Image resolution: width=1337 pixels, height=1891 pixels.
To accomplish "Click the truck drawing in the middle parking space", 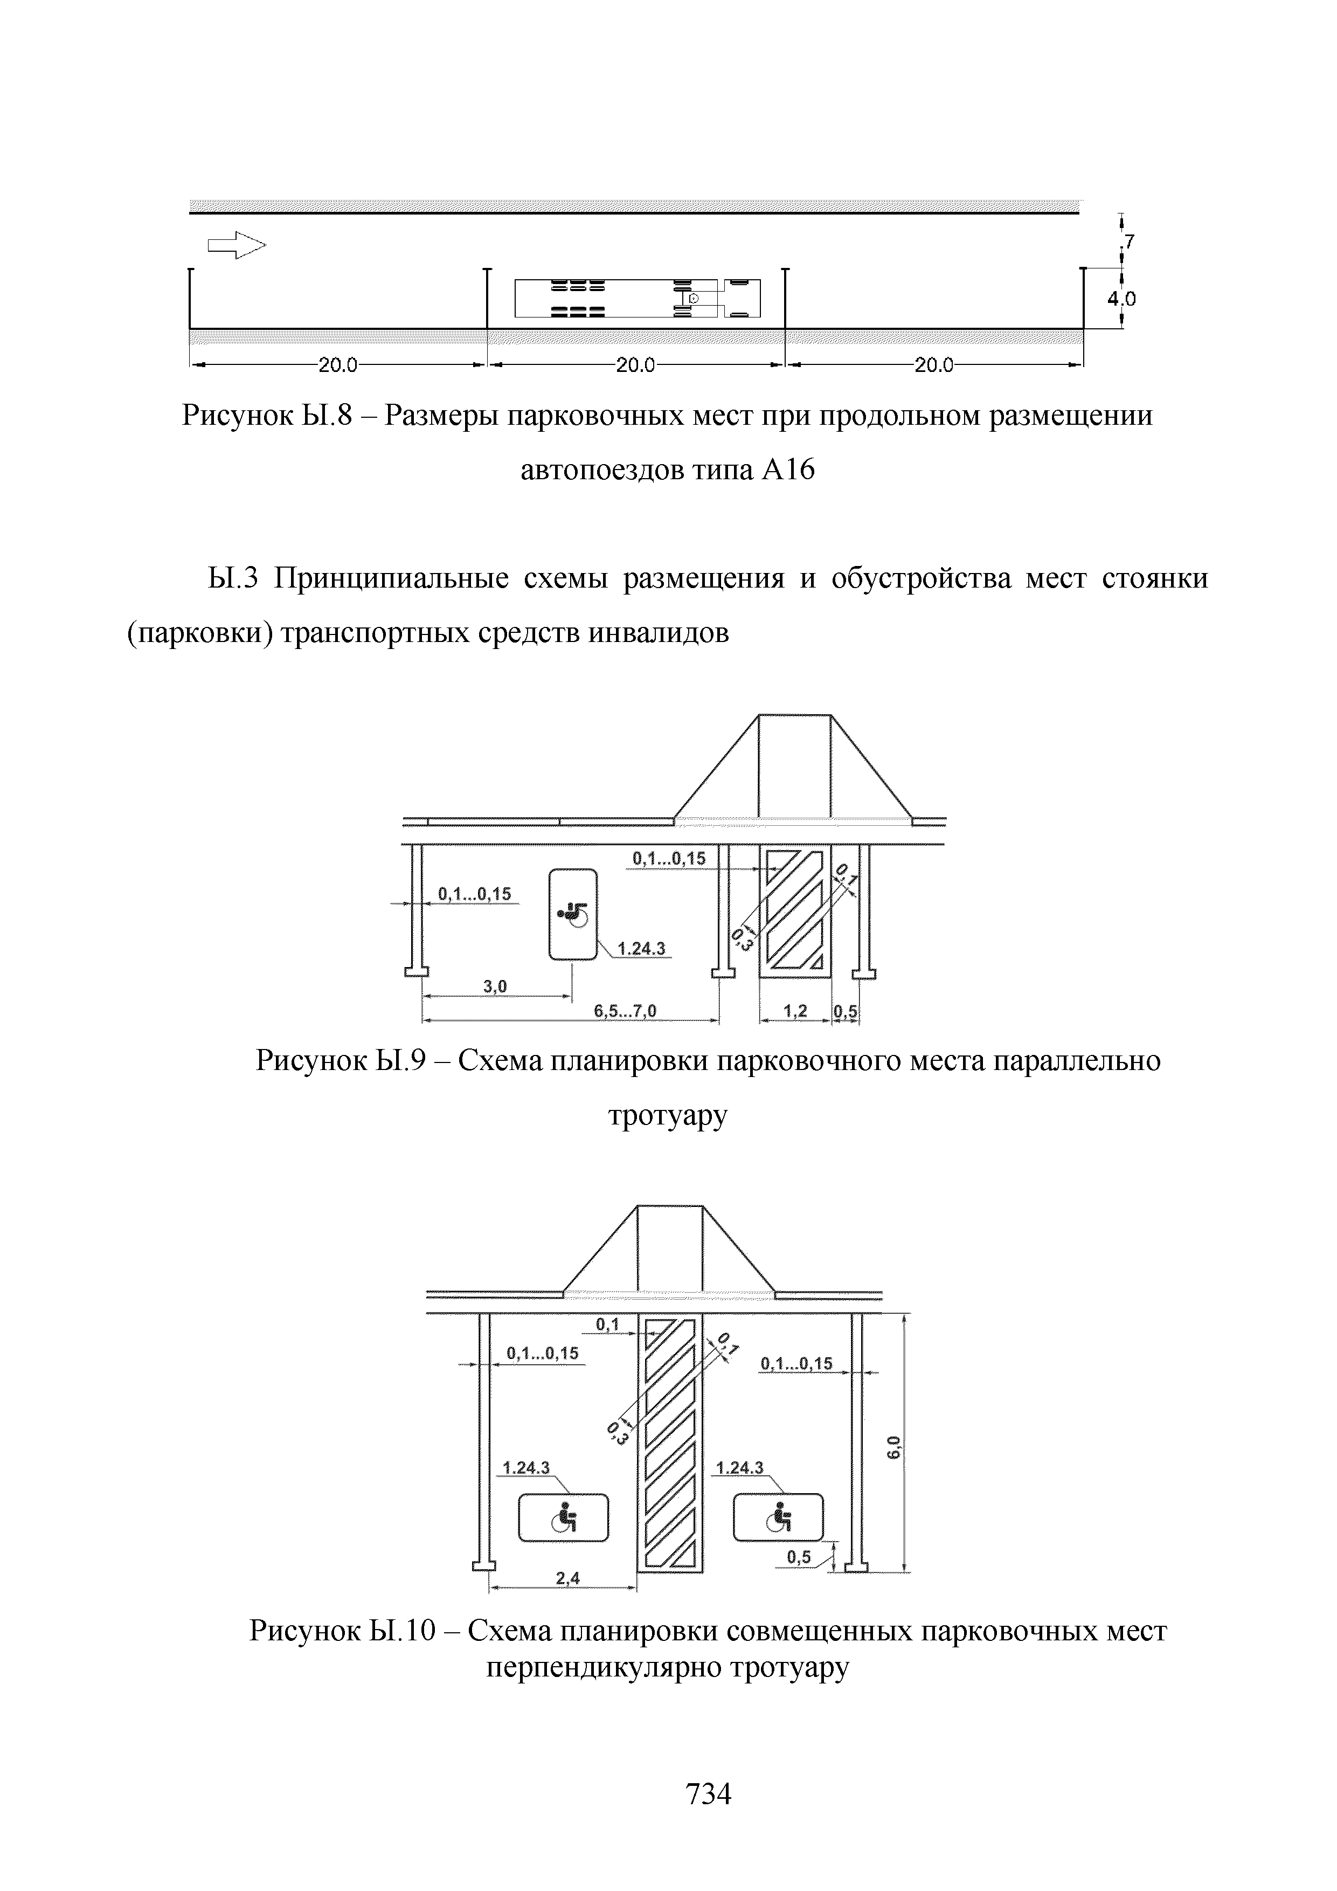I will [x=637, y=298].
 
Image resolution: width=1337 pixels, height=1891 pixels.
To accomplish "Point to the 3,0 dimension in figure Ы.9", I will [x=495, y=986].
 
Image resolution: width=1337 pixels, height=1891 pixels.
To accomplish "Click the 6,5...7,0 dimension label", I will [x=625, y=1011].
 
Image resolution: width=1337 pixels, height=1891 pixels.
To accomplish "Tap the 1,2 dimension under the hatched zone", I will [x=795, y=1011].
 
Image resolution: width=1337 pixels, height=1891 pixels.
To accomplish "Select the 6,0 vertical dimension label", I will [x=895, y=1446].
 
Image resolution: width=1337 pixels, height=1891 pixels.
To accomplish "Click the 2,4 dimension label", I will [x=567, y=1578].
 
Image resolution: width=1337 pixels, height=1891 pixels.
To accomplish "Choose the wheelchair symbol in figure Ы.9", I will [x=573, y=914].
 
